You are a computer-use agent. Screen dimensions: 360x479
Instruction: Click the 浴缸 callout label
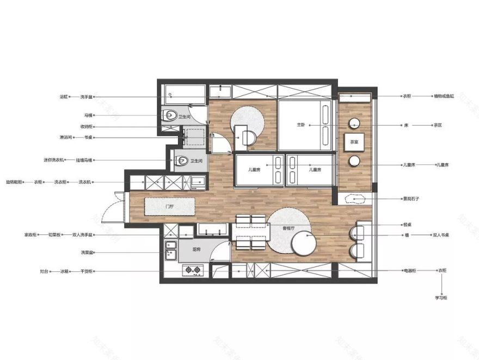tap(64, 97)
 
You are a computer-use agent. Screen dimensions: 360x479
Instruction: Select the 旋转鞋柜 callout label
tap(14, 182)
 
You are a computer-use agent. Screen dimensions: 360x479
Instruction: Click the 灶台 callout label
tap(44, 270)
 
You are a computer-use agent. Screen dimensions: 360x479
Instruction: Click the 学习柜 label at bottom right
tap(441, 298)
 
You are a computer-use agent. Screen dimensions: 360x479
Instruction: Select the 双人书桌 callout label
tap(441, 235)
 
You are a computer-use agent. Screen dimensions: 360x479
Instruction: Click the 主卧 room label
tap(301, 125)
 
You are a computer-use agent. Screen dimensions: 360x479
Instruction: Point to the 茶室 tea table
tap(354, 142)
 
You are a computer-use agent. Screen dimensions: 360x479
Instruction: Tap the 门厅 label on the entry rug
tap(169, 207)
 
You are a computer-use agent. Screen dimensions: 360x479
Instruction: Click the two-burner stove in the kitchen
tap(192, 269)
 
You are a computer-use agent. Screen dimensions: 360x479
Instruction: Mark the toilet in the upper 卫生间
tap(171, 115)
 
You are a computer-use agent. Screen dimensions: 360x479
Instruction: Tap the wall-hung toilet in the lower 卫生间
tap(182, 160)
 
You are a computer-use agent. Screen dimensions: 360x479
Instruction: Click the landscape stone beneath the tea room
tap(354, 199)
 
